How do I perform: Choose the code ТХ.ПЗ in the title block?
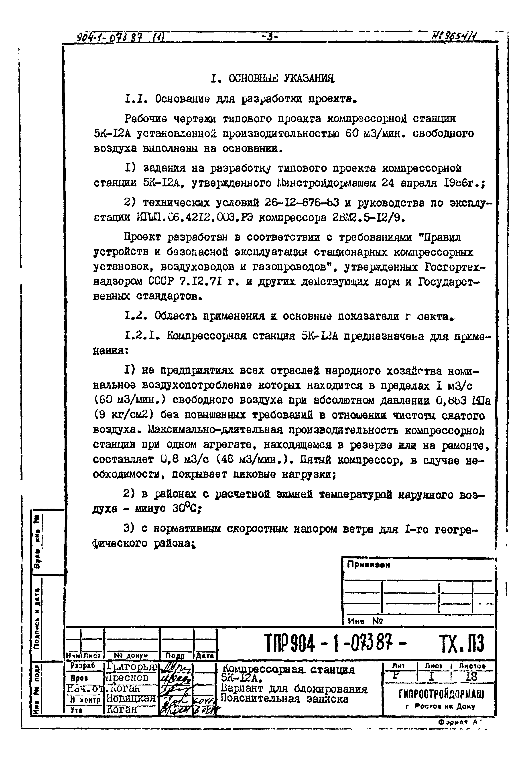click(461, 643)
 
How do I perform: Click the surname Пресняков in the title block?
click(127, 678)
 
